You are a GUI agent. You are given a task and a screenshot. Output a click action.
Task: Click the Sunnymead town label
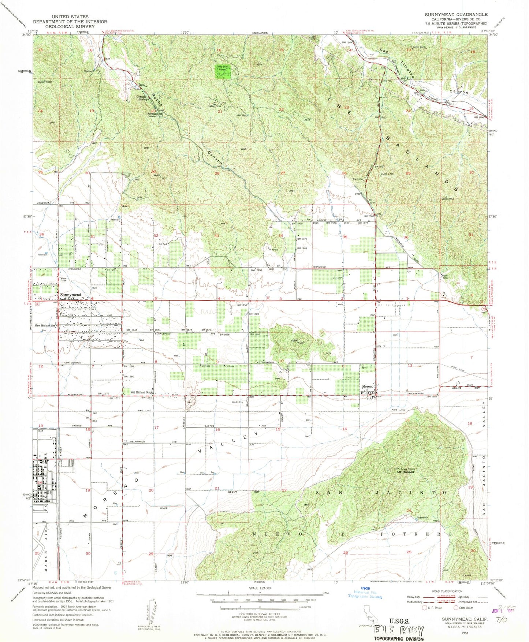coord(71,295)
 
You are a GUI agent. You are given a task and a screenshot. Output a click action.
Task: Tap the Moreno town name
coord(368,387)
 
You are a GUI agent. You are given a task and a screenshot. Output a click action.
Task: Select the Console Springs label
coord(143,98)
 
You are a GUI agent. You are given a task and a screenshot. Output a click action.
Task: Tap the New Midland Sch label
coord(45,325)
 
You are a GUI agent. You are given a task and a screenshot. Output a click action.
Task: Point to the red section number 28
coord(217,173)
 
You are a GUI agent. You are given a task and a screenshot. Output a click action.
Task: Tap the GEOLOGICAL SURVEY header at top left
coord(70,26)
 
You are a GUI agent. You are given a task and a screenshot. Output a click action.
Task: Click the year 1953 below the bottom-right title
coord(464,632)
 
